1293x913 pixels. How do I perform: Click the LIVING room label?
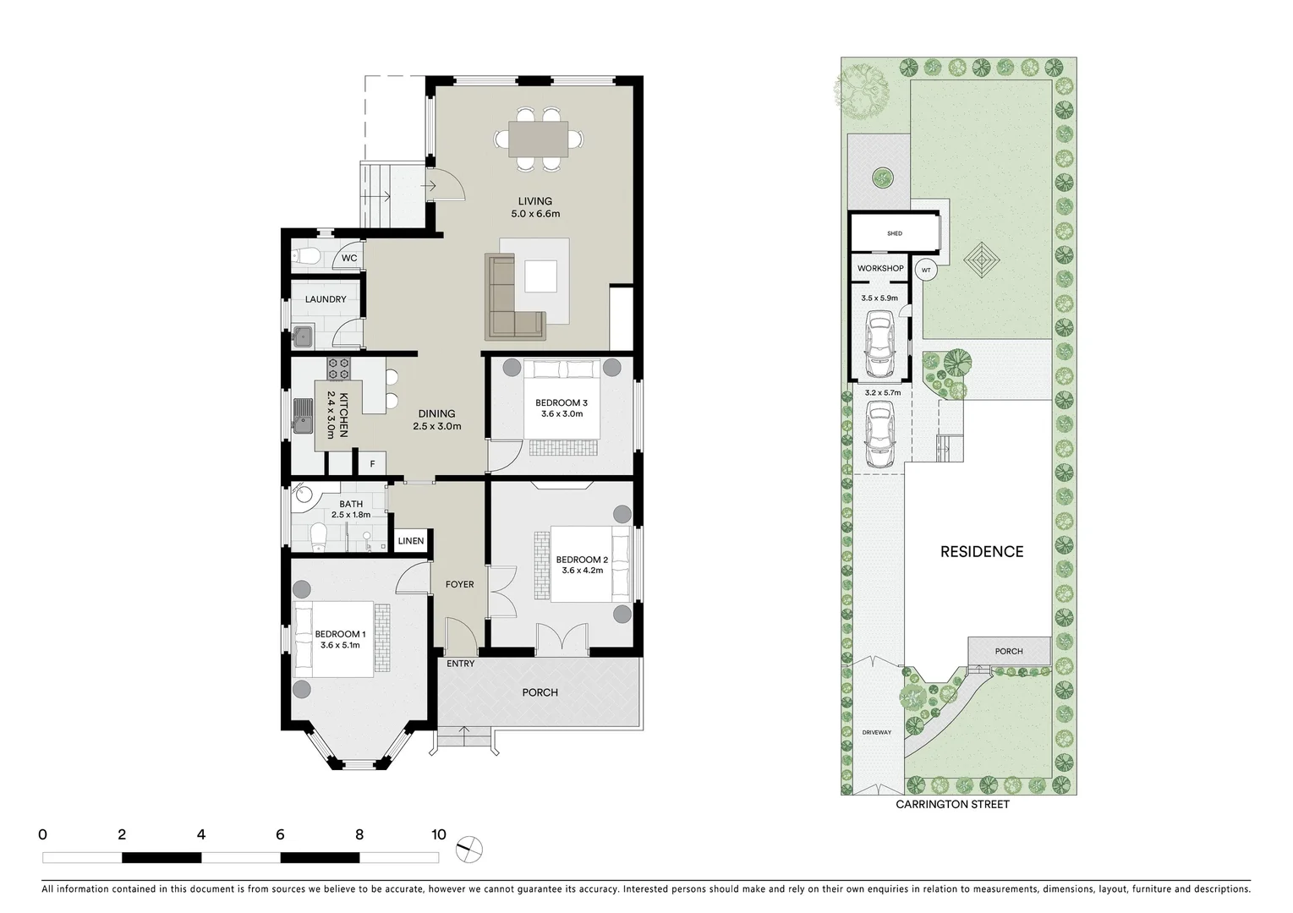[x=534, y=201]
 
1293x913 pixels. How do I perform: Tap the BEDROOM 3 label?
[x=561, y=402]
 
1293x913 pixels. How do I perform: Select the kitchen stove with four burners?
[x=339, y=368]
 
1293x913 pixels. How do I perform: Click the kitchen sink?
[x=303, y=415]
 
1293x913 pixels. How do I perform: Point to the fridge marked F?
[x=372, y=464]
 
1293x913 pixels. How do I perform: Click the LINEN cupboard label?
[x=410, y=541]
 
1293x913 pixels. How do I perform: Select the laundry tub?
[x=303, y=338]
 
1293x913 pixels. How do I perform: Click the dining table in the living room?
[x=539, y=139]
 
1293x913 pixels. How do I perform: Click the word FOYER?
[x=460, y=584]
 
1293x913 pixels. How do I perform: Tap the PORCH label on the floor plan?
[x=540, y=692]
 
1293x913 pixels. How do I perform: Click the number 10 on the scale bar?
[x=437, y=834]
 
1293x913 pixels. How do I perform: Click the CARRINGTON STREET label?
[x=952, y=805]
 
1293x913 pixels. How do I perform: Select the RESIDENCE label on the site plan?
[x=982, y=551]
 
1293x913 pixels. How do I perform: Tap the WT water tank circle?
[x=926, y=271]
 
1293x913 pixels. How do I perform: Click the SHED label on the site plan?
[x=894, y=233]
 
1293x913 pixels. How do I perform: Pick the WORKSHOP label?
[x=880, y=268]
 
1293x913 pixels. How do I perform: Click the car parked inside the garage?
[x=880, y=345]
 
